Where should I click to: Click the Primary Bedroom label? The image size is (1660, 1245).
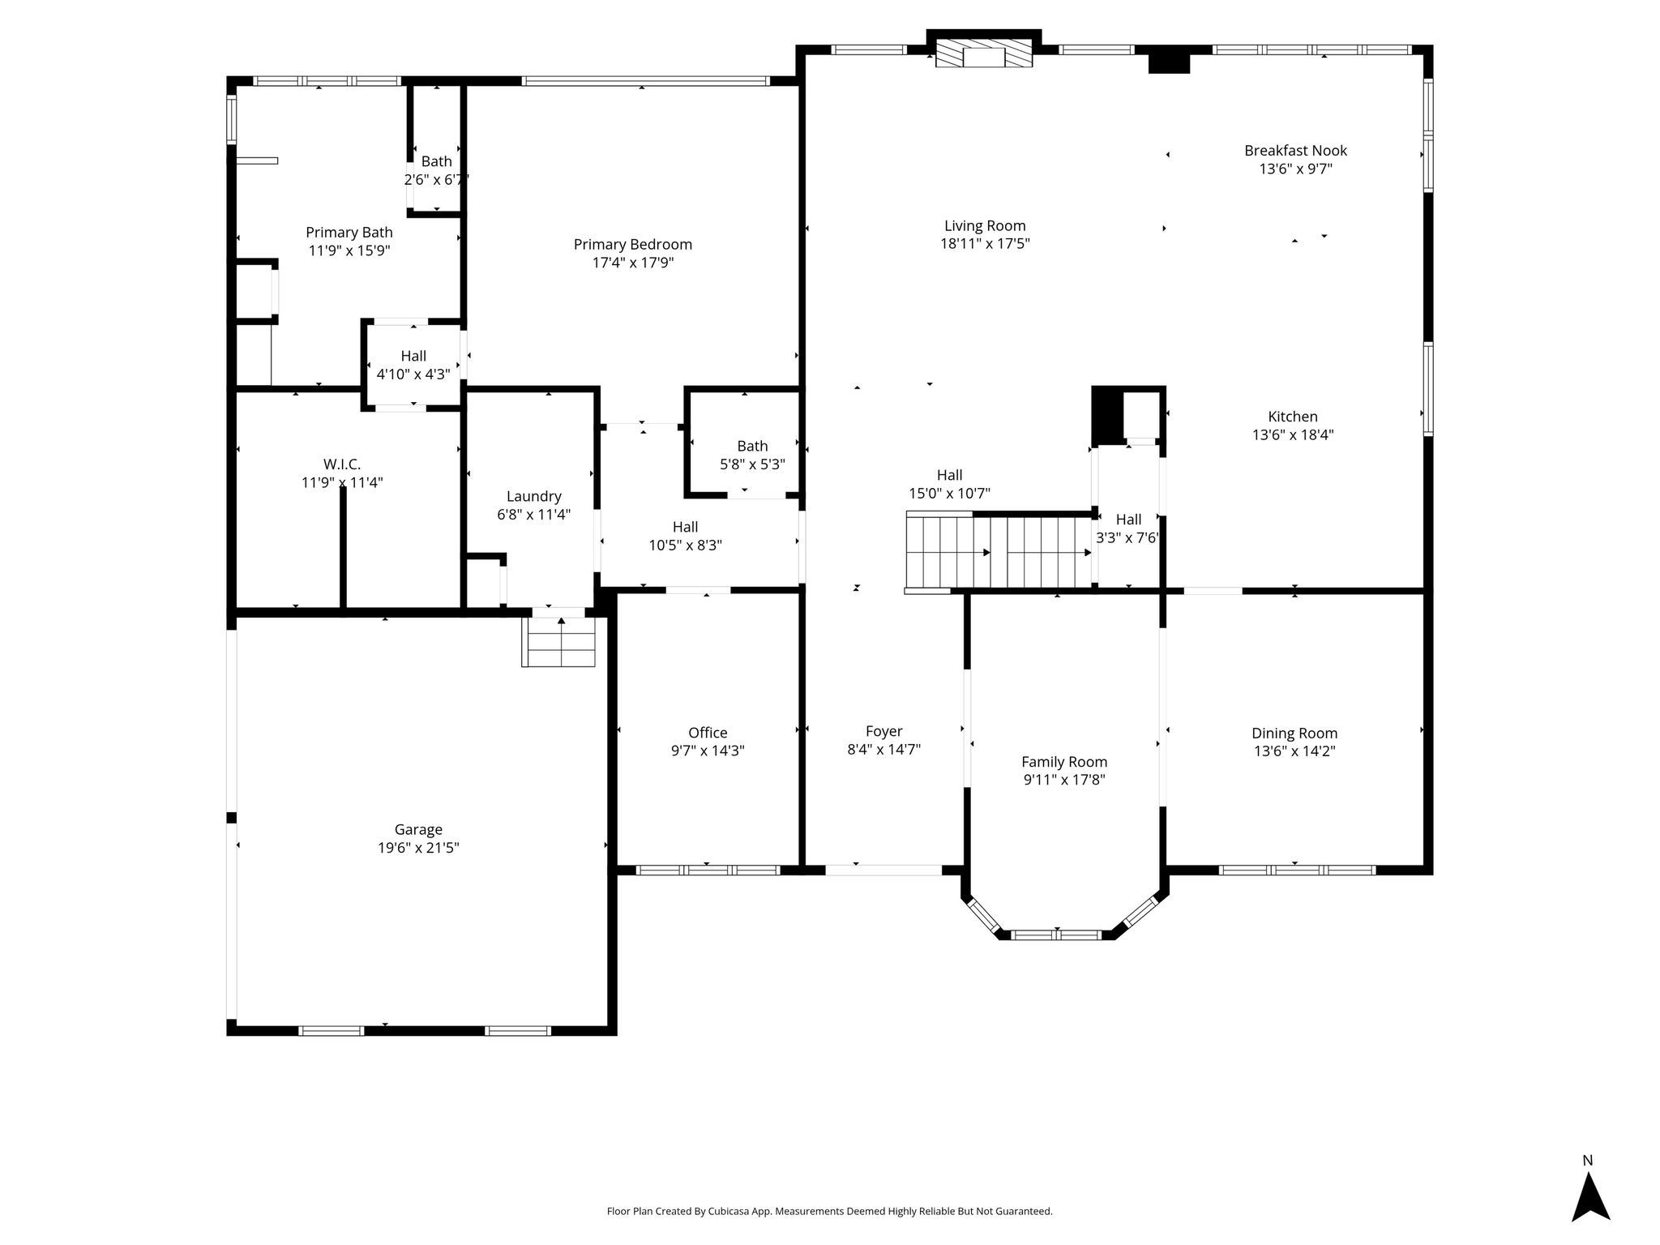[x=633, y=245]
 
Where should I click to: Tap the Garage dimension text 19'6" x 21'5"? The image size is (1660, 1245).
[x=418, y=848]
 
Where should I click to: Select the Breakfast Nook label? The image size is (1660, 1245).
[x=1295, y=151]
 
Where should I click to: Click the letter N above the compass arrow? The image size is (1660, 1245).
[x=1588, y=1160]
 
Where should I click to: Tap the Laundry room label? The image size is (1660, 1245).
[x=533, y=497]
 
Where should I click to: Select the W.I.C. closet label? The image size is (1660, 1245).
[x=342, y=464]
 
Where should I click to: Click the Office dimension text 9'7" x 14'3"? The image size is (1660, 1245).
[x=708, y=751]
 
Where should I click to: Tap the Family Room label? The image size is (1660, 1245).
[x=1064, y=763]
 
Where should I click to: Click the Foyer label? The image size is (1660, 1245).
[x=883, y=732]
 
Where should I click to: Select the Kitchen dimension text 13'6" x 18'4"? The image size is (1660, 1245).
[x=1293, y=435]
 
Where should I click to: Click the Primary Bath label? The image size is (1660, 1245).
[x=349, y=233]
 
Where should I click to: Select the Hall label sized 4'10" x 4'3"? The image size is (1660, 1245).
[x=413, y=357]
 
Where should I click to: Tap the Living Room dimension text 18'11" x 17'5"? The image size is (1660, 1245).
[x=985, y=244]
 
